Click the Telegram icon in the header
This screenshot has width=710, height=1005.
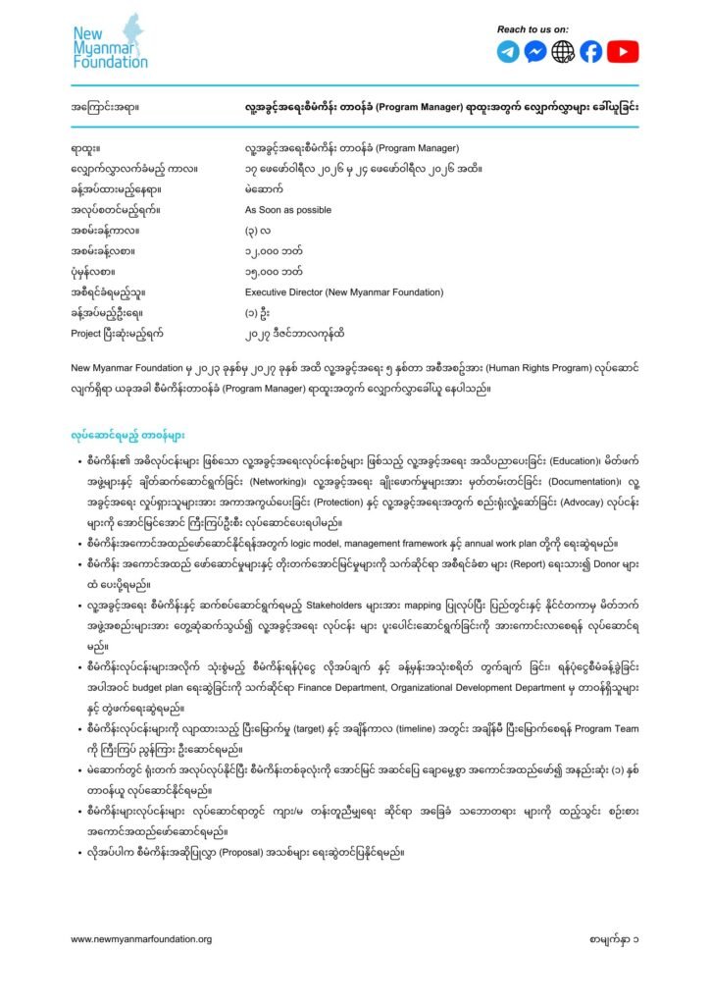pos(508,52)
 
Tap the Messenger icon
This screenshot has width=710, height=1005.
pos(535,52)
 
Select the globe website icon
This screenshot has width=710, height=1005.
pos(563,52)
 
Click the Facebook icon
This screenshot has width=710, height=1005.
pos(590,52)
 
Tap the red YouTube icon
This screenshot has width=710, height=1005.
pos(623,52)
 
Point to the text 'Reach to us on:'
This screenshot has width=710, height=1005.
pos(533,29)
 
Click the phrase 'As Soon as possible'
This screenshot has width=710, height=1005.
pos(287,210)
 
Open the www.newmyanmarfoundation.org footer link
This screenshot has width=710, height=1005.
pos(141,939)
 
